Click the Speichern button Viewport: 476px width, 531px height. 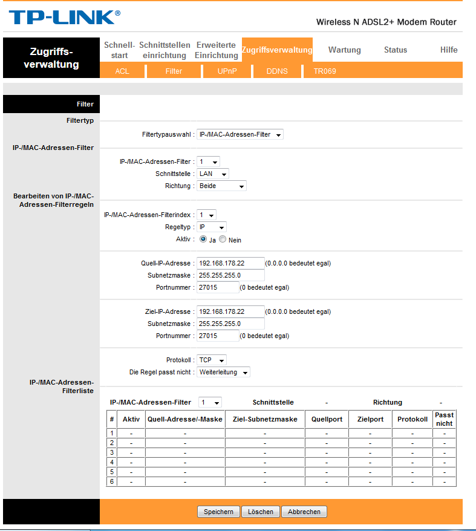pos(218,512)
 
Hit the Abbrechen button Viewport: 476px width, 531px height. pos(304,512)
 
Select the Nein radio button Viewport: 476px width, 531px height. pos(223,239)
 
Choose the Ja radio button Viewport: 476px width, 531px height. pos(203,239)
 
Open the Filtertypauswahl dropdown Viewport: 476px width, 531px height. pos(240,134)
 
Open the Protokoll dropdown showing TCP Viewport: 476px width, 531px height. pos(212,360)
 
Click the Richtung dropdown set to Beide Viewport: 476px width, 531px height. pos(222,186)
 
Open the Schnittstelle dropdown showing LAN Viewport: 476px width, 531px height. pos(213,174)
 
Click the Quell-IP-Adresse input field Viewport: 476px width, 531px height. pos(230,263)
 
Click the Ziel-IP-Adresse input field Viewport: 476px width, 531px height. pos(230,311)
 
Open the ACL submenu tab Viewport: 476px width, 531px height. pos(122,71)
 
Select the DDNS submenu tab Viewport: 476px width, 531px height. pos(277,71)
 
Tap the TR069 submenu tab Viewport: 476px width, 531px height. pos(324,71)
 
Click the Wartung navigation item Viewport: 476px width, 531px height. pos(344,50)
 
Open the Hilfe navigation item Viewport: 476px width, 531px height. pos(449,50)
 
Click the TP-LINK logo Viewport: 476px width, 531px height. pos(64,18)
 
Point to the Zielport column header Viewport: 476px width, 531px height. pos(370,419)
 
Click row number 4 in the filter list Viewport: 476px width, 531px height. pos(111,462)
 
